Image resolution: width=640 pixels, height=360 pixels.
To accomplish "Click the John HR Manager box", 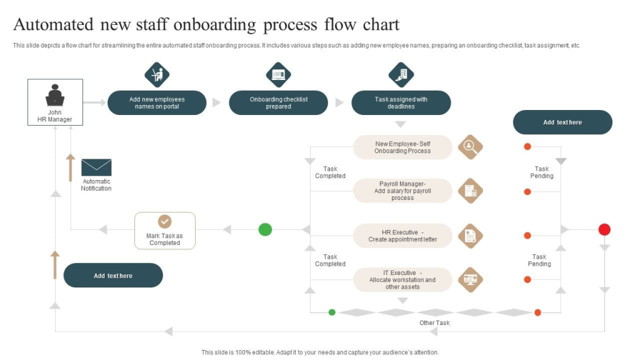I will point(55,102).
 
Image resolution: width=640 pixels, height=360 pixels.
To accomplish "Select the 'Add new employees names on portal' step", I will point(157,102).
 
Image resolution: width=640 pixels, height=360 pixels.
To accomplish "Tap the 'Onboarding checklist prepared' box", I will point(278,102).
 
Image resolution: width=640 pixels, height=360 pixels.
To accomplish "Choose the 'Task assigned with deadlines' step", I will point(401,102).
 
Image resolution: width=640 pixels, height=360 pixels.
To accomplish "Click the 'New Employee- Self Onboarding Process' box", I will point(402,147).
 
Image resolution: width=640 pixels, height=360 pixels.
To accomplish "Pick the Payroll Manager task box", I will point(402,191).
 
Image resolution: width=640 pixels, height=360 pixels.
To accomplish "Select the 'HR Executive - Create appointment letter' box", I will point(402,236).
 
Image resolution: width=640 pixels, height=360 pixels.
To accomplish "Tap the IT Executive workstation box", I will point(402,280).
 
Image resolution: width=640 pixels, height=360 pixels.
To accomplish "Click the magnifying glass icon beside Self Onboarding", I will point(470,147).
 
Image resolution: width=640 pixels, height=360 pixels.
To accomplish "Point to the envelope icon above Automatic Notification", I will point(96,167).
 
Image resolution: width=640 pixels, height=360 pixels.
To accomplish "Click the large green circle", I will point(266,229).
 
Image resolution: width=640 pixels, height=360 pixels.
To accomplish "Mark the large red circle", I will point(604,229).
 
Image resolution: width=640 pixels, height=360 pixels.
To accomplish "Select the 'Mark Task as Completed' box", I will point(165,231).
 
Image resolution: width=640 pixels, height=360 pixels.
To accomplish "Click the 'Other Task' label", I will point(434,323).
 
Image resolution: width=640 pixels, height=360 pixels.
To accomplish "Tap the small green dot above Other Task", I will point(332,312).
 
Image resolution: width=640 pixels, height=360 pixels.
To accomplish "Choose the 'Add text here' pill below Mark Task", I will point(113,276).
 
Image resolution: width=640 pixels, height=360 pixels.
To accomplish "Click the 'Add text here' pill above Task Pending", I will point(562,122).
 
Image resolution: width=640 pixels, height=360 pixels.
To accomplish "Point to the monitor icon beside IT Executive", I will point(470,279).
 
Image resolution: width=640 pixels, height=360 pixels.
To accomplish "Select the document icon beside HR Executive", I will point(470,236).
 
